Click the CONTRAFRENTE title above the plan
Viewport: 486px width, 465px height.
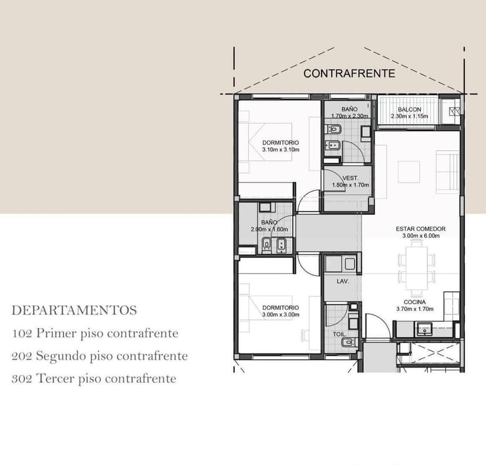coord(349,73)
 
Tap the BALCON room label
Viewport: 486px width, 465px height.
coord(410,109)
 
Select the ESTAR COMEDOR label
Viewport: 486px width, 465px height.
coord(421,229)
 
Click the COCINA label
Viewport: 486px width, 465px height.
coord(415,302)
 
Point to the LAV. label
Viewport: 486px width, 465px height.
coord(343,281)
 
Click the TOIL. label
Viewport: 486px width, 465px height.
coord(339,334)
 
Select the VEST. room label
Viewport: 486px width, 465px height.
coord(350,178)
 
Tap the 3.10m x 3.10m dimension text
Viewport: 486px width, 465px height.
coord(281,149)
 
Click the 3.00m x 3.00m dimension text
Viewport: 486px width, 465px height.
coord(281,315)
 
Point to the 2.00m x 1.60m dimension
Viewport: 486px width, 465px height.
coord(269,230)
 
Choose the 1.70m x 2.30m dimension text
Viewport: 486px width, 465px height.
coord(350,116)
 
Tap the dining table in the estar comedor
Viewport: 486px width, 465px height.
coord(416,268)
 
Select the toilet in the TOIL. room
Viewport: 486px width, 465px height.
coord(347,342)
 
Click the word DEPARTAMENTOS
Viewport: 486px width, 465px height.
coord(74,311)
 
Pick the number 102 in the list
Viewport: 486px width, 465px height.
coord(22,333)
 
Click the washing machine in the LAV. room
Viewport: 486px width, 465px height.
coord(350,264)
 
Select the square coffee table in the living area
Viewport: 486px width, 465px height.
coord(409,172)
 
